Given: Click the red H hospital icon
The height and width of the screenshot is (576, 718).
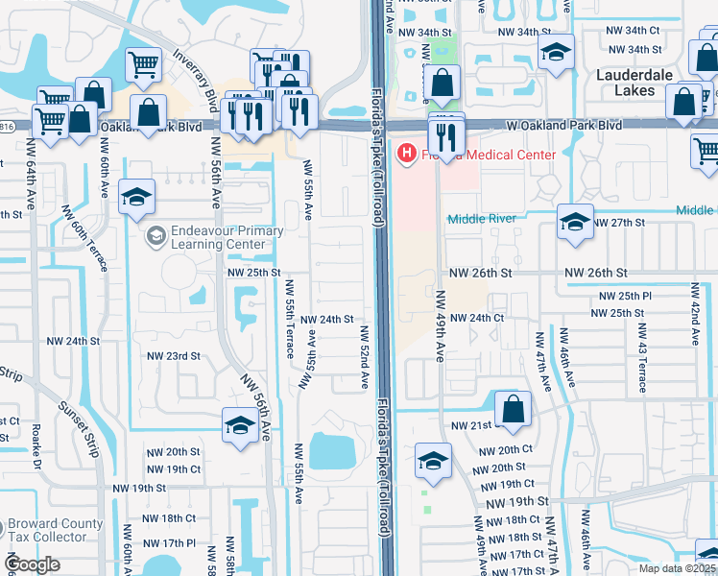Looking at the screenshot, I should click(x=407, y=154).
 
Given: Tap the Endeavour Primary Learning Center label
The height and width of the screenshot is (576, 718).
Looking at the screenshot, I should click(x=227, y=237).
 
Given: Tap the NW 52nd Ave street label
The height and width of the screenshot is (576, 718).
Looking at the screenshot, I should click(x=365, y=356).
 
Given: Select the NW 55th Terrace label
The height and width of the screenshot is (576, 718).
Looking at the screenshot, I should click(x=289, y=327).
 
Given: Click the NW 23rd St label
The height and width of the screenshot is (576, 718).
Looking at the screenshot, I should click(x=173, y=356).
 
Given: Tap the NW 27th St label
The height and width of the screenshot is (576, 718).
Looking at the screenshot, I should click(x=623, y=223).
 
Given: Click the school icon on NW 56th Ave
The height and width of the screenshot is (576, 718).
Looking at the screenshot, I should click(x=239, y=425).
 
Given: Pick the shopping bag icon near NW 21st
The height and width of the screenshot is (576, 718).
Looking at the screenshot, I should click(x=514, y=407).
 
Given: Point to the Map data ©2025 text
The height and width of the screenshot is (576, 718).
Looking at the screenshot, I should click(x=678, y=568).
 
